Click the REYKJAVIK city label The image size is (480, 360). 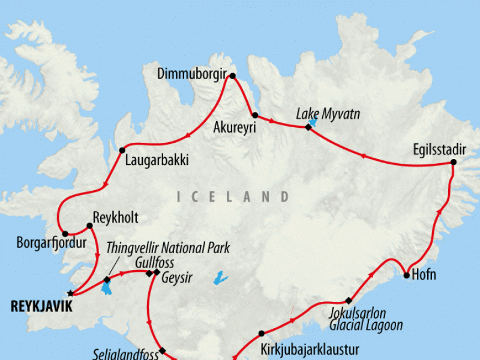tap(41, 307)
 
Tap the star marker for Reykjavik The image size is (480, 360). tap(71, 293)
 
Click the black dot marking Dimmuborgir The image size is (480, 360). tap(233, 76)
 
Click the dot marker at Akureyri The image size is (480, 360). tap(255, 115)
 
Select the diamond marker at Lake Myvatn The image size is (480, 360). tap(308, 127)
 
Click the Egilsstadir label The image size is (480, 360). tap(439, 149)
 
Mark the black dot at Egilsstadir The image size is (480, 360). tap(454, 162)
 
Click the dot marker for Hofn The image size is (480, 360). tap(407, 276)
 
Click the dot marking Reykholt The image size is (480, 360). tap(89, 226)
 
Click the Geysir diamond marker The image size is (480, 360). tap(157, 273)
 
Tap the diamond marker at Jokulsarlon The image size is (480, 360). tap(348, 300)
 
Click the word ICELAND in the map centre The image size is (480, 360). tap(233, 197)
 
